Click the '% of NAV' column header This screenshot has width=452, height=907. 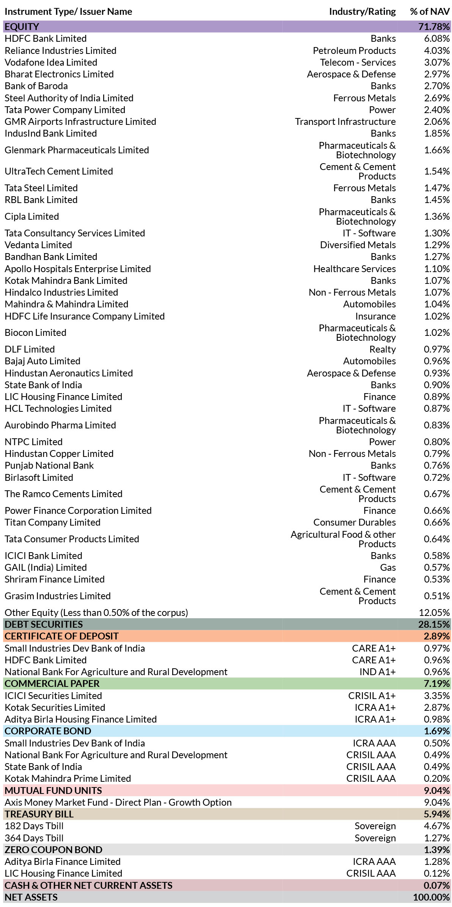[x=430, y=12]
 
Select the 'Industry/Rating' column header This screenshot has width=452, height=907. [x=362, y=12]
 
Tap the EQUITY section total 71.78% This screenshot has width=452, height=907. [x=434, y=27]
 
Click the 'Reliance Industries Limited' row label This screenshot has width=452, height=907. [x=60, y=51]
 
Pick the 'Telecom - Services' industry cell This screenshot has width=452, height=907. [x=358, y=63]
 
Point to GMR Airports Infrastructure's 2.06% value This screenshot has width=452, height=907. [x=437, y=122]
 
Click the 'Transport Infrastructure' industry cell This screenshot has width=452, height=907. [x=345, y=122]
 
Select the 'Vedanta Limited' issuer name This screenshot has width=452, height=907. [x=38, y=245]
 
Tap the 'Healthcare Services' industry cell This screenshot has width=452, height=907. [x=354, y=269]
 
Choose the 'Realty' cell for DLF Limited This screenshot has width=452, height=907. [x=382, y=350]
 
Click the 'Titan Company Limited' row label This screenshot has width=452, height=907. [x=52, y=523]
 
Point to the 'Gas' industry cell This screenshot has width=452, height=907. [x=388, y=568]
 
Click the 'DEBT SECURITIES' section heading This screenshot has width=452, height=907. [x=44, y=624]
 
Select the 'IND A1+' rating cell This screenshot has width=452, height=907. [x=377, y=672]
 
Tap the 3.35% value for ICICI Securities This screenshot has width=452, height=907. [x=437, y=696]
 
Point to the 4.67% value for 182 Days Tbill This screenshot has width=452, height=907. [x=437, y=826]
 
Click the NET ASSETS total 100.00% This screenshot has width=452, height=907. [x=432, y=898]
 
